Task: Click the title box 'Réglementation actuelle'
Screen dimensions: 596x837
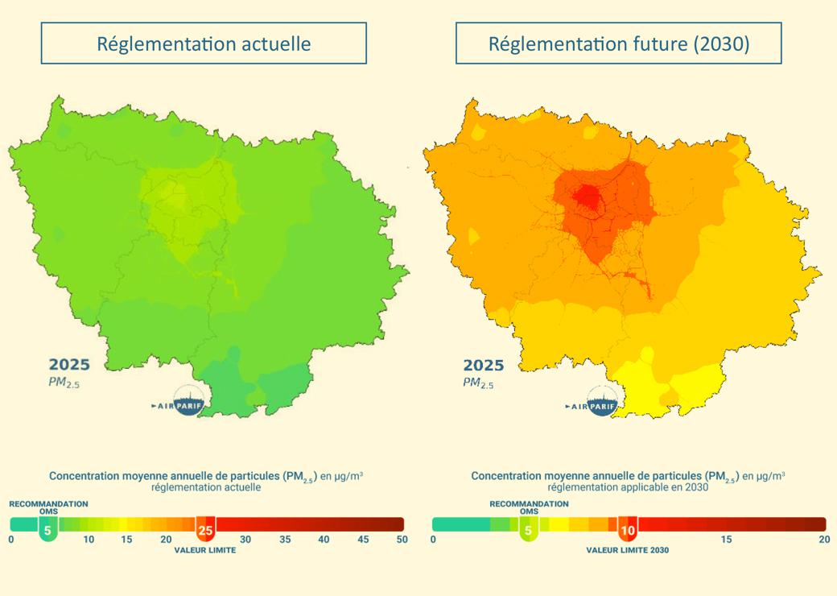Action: point(204,43)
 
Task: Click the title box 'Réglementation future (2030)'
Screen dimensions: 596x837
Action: point(618,43)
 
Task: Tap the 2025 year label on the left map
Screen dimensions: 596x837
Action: point(69,365)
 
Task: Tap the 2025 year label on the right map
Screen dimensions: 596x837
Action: point(483,365)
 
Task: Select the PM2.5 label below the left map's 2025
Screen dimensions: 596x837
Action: point(64,383)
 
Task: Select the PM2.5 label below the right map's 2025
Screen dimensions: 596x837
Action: point(478,383)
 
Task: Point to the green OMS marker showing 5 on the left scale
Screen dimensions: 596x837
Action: point(47,531)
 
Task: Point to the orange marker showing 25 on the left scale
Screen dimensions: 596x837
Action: point(205,531)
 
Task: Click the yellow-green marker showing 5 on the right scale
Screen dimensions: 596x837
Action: point(528,531)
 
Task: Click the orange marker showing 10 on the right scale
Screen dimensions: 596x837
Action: point(628,531)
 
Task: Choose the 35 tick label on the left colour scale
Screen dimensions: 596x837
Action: point(285,540)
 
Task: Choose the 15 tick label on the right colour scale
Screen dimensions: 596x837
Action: point(727,540)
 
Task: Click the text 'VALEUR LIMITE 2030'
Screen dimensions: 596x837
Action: point(627,551)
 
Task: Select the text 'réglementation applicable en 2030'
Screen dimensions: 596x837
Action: point(628,487)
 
